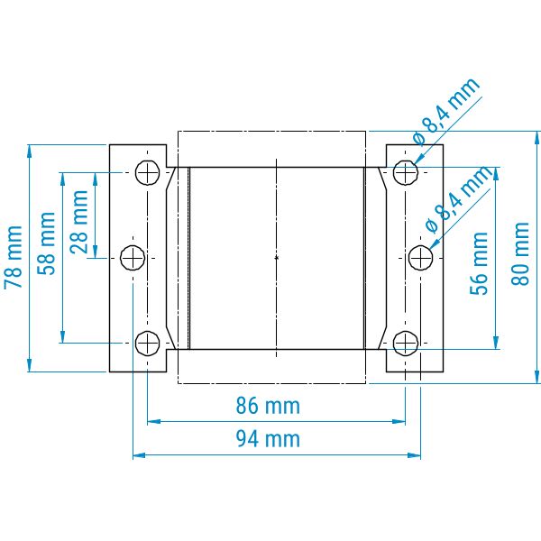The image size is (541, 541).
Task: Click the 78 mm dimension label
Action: (x=14, y=257)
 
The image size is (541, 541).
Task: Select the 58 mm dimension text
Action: (x=46, y=243)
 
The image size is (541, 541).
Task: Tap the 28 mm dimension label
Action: (x=79, y=222)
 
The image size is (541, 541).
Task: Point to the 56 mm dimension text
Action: (x=479, y=263)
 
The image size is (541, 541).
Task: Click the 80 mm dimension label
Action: (x=519, y=254)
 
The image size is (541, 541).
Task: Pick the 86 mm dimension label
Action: (x=268, y=406)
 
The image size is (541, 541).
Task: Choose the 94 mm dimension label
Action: (x=268, y=439)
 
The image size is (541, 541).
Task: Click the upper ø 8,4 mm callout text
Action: (x=446, y=111)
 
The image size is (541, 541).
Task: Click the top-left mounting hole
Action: (x=147, y=172)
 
